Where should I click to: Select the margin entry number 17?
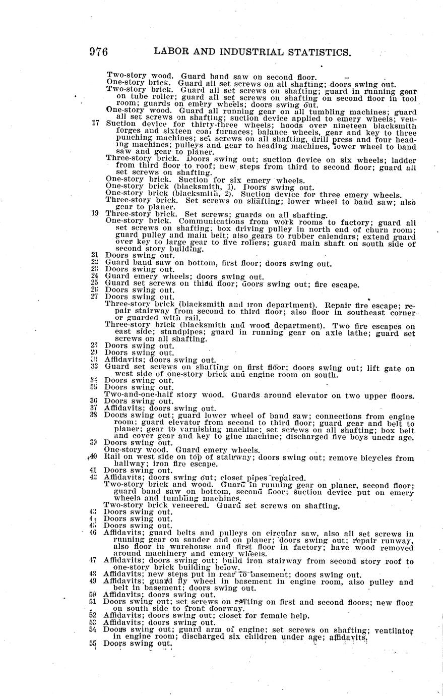tap(95, 123)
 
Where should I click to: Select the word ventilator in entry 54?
tap(394, 630)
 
